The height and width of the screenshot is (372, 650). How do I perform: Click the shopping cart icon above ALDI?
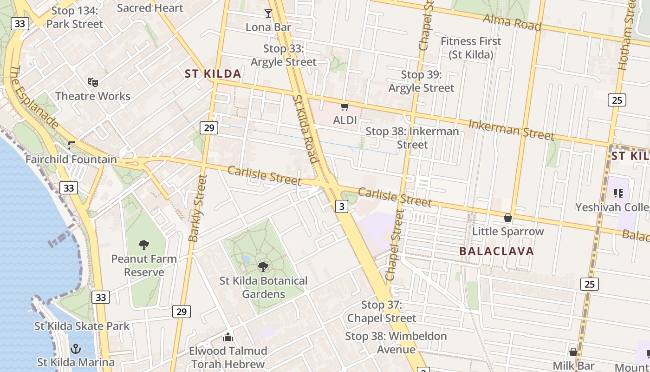point(344,107)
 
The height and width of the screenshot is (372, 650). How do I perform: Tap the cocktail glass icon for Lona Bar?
point(268,13)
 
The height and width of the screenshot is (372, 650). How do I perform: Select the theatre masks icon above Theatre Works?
point(93,82)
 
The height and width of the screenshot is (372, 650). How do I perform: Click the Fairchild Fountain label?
point(71,159)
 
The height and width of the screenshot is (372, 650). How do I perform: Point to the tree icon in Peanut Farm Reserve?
point(144,245)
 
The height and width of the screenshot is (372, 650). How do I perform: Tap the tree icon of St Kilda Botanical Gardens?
point(263,267)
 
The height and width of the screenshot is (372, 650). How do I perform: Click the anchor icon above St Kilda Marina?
point(76,348)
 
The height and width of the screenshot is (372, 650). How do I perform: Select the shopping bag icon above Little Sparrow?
point(508,218)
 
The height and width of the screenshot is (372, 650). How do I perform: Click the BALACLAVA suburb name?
point(496,252)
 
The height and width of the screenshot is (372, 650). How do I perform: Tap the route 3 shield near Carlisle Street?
point(342,206)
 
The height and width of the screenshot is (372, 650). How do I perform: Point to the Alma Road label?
point(512,22)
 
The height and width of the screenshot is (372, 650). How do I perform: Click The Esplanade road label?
point(33,97)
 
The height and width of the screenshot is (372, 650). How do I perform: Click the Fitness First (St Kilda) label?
point(471,48)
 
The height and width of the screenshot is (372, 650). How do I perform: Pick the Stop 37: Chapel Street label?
point(382,312)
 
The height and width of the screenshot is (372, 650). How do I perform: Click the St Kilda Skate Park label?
point(82,326)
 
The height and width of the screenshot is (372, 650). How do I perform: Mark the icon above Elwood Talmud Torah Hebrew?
point(228,337)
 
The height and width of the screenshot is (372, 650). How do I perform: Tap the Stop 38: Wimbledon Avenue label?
point(396,343)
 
